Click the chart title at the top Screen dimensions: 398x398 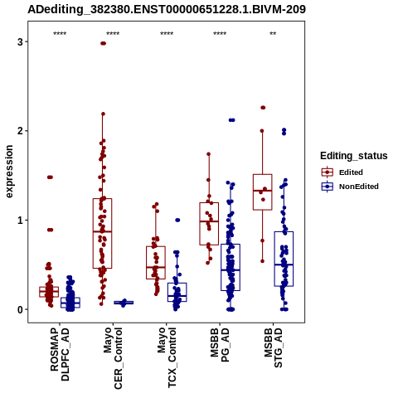point(167,10)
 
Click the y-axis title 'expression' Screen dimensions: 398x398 point(9,172)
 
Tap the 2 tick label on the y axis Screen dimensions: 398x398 point(20,131)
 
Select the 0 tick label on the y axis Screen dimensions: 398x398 point(20,309)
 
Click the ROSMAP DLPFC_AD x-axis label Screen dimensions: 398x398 point(60,354)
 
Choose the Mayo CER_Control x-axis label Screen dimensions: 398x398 point(113,358)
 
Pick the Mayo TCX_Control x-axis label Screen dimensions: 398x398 point(167,357)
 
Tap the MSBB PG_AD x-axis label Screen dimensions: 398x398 point(220,345)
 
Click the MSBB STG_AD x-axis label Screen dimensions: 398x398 point(273,347)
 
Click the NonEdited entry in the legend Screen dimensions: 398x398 point(350,187)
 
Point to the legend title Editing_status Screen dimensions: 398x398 point(354,156)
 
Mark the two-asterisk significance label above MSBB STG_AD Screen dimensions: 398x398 point(273,34)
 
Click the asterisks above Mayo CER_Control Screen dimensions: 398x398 point(113,34)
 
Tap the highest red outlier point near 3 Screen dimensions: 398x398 point(104,43)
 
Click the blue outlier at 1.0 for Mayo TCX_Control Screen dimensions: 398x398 point(177,221)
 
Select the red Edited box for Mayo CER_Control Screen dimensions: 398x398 point(102,233)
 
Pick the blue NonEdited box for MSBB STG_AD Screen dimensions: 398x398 point(284,259)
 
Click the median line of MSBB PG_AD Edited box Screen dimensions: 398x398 point(209,221)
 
